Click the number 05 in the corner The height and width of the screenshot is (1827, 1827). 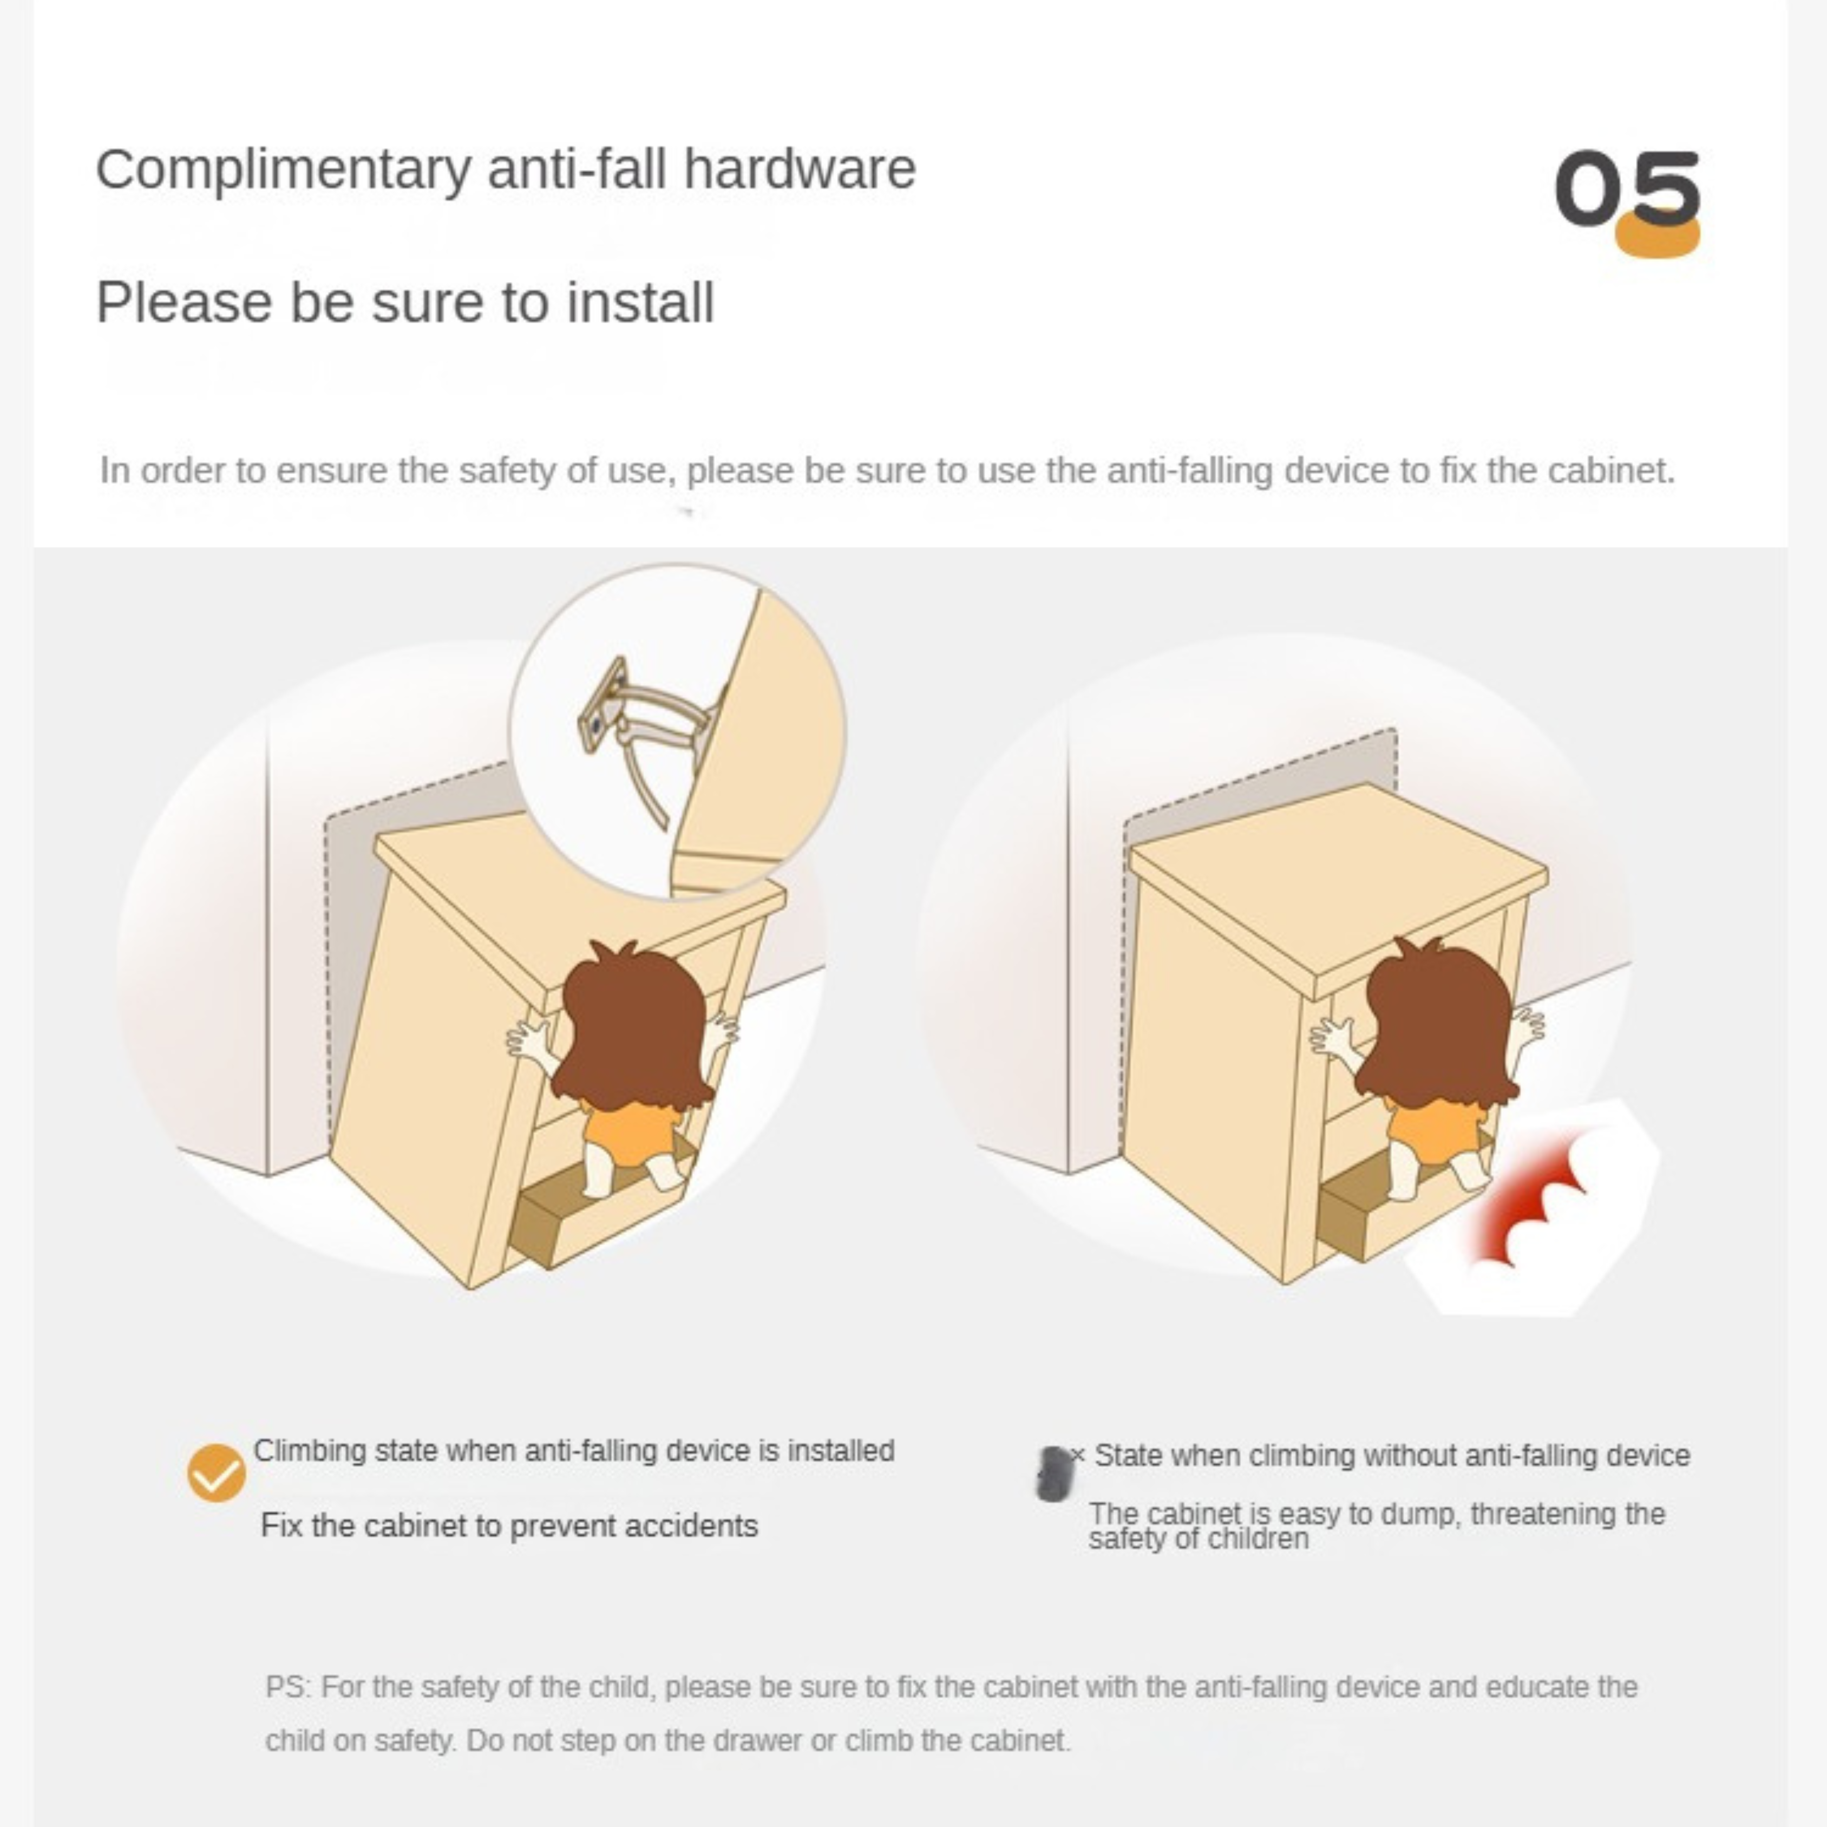click(1627, 188)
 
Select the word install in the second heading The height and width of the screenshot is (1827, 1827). click(640, 303)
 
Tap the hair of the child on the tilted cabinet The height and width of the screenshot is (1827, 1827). click(633, 1021)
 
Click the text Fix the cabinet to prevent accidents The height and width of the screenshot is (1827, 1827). click(509, 1525)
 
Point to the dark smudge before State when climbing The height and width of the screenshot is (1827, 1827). click(1053, 1474)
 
